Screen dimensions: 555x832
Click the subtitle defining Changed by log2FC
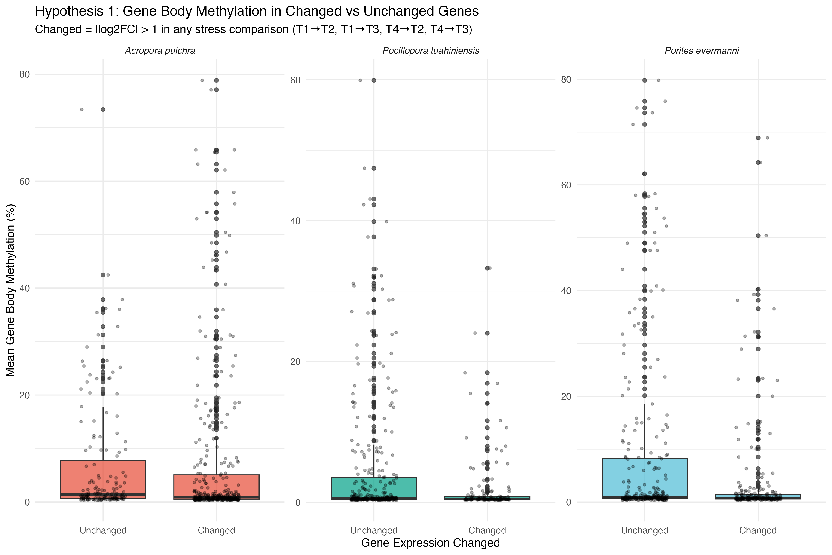pos(253,29)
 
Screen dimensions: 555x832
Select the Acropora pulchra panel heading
pos(160,51)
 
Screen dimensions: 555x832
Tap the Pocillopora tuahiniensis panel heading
pos(431,51)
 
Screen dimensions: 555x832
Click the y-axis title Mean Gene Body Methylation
pos(11,290)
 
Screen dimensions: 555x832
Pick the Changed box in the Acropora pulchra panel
pos(217,487)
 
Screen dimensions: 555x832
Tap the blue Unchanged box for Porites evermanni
pos(645,478)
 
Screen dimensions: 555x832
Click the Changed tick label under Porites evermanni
pos(758,530)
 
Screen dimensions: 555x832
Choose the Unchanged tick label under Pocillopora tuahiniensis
pos(373,530)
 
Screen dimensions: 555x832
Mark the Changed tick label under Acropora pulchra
pos(217,530)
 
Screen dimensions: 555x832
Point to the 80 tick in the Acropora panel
pos(24,74)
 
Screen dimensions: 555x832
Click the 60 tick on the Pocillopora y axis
pos(295,80)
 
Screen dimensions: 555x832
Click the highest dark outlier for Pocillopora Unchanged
pos(373,80)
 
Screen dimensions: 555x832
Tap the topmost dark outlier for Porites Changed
pos(758,138)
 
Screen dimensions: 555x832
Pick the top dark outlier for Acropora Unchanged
pos(103,109)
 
